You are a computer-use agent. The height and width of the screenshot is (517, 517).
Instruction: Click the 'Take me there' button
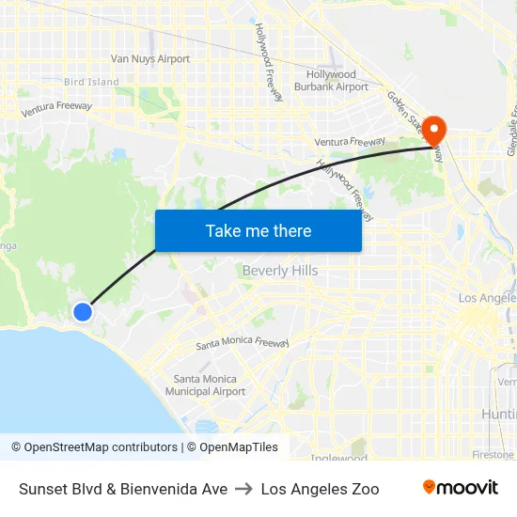coord(258,230)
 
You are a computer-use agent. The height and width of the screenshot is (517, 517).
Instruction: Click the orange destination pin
coord(435,130)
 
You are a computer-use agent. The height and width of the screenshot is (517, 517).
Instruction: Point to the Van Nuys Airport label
coord(150,59)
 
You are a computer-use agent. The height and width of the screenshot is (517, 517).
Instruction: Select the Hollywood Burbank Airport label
coord(331,81)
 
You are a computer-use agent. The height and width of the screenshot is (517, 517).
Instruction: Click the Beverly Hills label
coord(280,271)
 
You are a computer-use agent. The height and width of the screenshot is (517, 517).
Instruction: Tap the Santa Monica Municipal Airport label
coord(205,385)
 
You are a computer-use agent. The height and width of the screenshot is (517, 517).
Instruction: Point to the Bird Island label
coord(91,83)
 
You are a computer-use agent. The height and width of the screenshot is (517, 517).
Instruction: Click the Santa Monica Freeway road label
coord(243,344)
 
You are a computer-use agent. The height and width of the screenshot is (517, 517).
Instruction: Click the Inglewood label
coord(339,459)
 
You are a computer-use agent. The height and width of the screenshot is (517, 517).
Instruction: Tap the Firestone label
coord(493,455)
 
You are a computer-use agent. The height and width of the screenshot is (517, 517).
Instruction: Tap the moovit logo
coord(461,488)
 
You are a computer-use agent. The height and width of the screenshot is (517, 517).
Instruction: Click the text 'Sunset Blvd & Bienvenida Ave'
coord(123,489)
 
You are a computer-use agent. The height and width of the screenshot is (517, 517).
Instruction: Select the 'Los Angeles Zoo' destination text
coord(321,489)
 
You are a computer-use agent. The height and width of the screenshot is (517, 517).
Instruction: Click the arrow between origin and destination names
coord(244,489)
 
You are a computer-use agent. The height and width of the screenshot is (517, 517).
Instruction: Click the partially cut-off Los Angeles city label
coord(487,298)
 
